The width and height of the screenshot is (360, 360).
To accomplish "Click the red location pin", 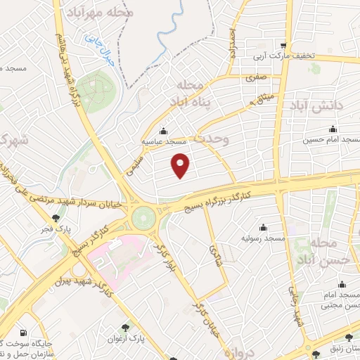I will click(x=181, y=164).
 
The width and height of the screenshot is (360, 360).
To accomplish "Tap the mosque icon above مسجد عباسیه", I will click(x=164, y=130).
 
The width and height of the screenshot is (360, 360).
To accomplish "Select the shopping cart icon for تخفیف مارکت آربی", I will click(x=283, y=44).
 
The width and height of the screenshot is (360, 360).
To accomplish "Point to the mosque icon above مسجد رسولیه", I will click(x=263, y=227).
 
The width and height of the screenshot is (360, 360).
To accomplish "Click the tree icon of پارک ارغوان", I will click(x=126, y=327).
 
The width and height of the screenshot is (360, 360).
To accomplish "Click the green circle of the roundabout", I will click(x=144, y=217).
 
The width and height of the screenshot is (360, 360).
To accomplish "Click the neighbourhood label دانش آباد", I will click(x=314, y=105).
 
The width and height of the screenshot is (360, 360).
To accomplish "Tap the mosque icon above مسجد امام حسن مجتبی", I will click(x=342, y=285).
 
